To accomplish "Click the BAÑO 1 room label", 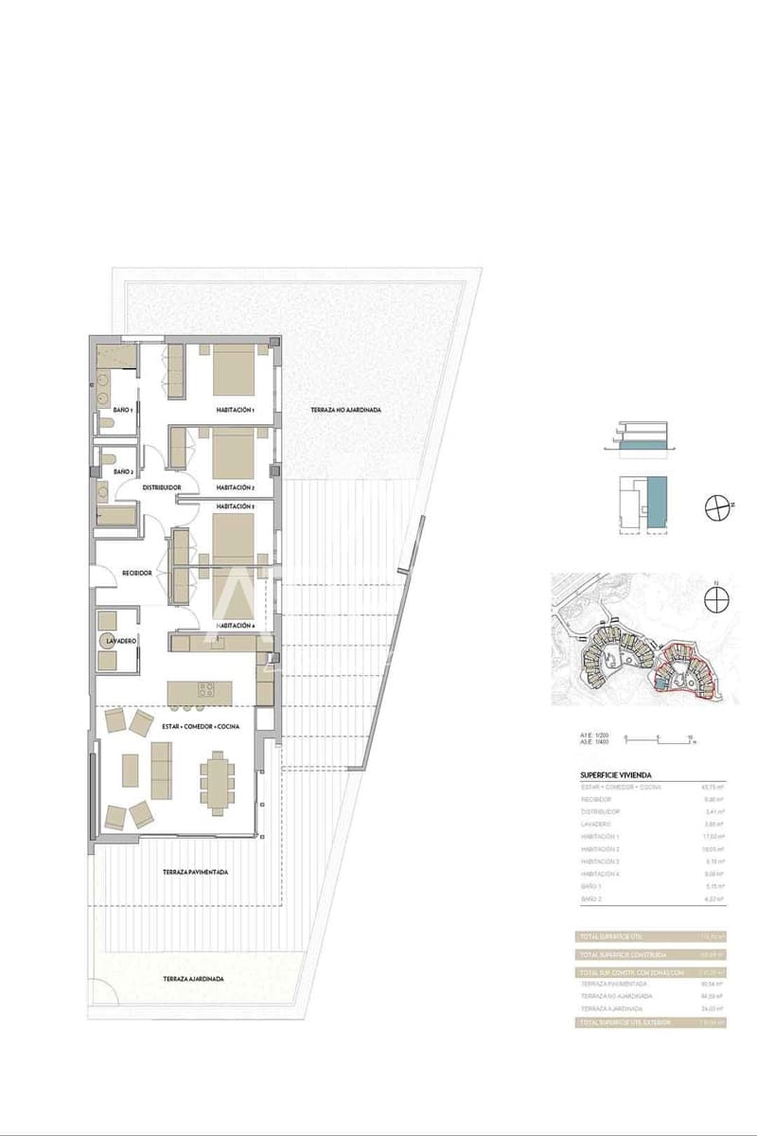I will click(x=122, y=409).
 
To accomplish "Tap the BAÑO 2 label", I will click(x=122, y=470).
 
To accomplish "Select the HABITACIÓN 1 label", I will click(x=236, y=410).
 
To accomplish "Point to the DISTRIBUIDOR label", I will click(x=162, y=487).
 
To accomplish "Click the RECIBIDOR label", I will click(x=138, y=573).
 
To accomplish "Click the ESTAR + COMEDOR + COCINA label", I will click(x=200, y=725).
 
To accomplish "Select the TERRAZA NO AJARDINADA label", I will click(x=346, y=410).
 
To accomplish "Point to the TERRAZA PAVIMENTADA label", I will click(x=195, y=872).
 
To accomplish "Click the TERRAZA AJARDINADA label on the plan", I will click(x=193, y=979).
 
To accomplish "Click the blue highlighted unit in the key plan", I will click(x=657, y=497).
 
